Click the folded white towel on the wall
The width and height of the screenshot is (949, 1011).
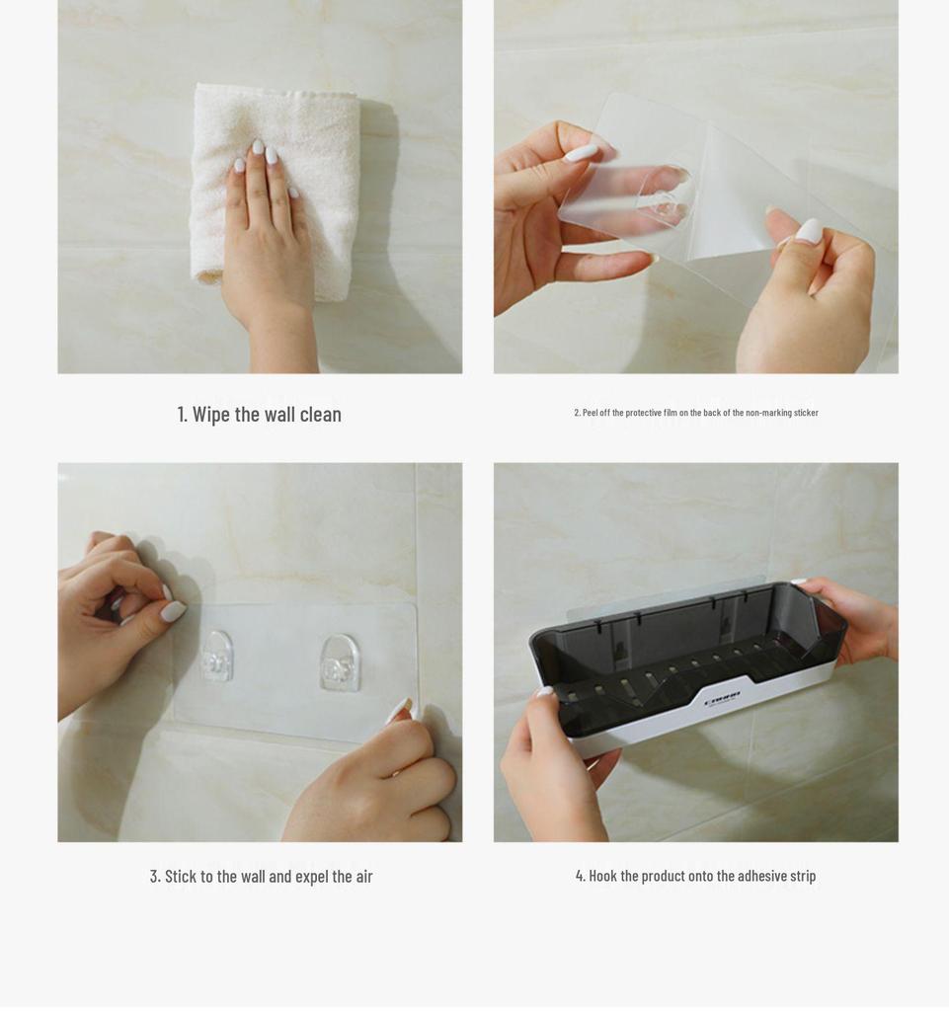tap(276, 191)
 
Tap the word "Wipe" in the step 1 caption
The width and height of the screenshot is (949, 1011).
tap(211, 414)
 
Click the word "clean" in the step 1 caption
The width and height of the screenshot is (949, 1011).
tap(320, 414)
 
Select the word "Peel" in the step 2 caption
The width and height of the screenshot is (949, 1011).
tap(590, 413)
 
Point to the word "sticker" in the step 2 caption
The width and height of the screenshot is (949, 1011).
tap(806, 413)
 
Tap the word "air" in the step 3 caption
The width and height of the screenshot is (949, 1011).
tap(364, 877)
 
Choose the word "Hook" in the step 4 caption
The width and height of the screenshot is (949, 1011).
tap(602, 876)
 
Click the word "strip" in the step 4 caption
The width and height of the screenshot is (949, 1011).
tap(802, 876)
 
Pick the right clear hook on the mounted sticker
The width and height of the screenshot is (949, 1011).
tap(340, 662)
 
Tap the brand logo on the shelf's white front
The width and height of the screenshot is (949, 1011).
tap(722, 701)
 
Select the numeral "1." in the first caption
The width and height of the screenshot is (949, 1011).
tap(183, 414)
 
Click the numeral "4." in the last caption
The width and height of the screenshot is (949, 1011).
tap(581, 876)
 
